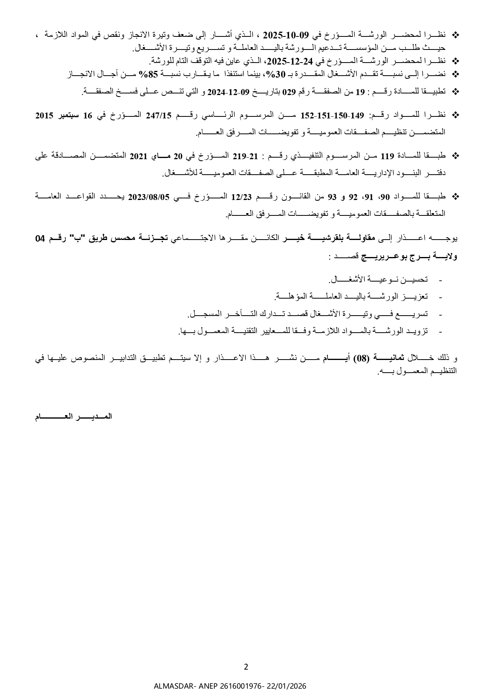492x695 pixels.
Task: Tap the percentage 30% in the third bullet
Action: pyautogui.click(x=275, y=74)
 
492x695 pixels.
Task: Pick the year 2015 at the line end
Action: pyautogui.click(x=44, y=116)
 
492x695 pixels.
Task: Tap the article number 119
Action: pyautogui.click(x=387, y=156)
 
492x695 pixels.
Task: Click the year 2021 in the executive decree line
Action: pyautogui.click(x=138, y=156)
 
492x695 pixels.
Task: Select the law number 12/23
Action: pyautogui.click(x=239, y=196)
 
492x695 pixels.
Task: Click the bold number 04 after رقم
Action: pyautogui.click(x=40, y=238)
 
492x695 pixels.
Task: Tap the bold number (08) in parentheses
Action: pyautogui.click(x=361, y=358)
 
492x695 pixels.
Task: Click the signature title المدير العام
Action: pyautogui.click(x=74, y=417)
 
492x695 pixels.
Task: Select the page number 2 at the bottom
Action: pyautogui.click(x=246, y=667)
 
